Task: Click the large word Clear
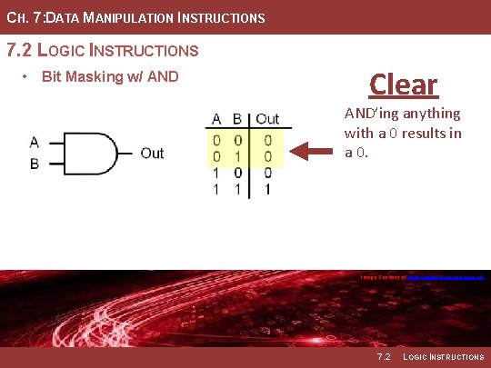[x=404, y=85]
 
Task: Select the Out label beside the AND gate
[x=152, y=154]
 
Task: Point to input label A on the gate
[x=35, y=142]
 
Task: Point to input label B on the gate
[x=35, y=164]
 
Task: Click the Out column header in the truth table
[x=267, y=119]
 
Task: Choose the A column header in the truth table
[x=217, y=119]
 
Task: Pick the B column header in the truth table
[x=237, y=119]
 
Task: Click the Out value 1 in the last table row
[x=267, y=189]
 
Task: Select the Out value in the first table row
[x=267, y=140]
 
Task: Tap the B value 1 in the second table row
[x=237, y=156]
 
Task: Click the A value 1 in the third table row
[x=217, y=173]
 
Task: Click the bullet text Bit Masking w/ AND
[x=110, y=76]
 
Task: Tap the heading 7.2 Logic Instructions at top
[x=102, y=49]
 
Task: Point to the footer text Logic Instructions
[x=445, y=357]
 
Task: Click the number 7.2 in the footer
[x=383, y=357]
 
